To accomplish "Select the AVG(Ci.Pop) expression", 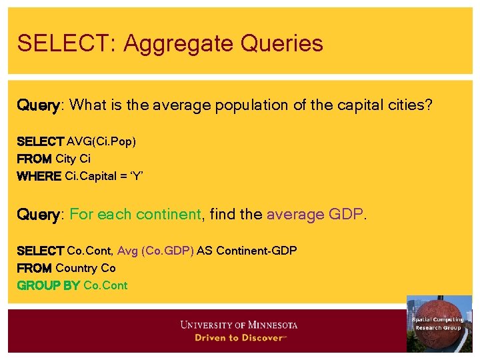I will point(101,141).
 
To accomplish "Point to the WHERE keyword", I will point(39,176).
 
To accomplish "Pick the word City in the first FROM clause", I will point(66,159).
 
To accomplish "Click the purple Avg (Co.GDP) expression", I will point(155,251).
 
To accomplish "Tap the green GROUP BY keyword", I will point(48,285).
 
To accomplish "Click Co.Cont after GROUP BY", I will point(105,285).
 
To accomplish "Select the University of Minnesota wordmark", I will point(239,325).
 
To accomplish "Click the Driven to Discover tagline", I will point(239,338).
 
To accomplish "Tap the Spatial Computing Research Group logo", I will point(438,323).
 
